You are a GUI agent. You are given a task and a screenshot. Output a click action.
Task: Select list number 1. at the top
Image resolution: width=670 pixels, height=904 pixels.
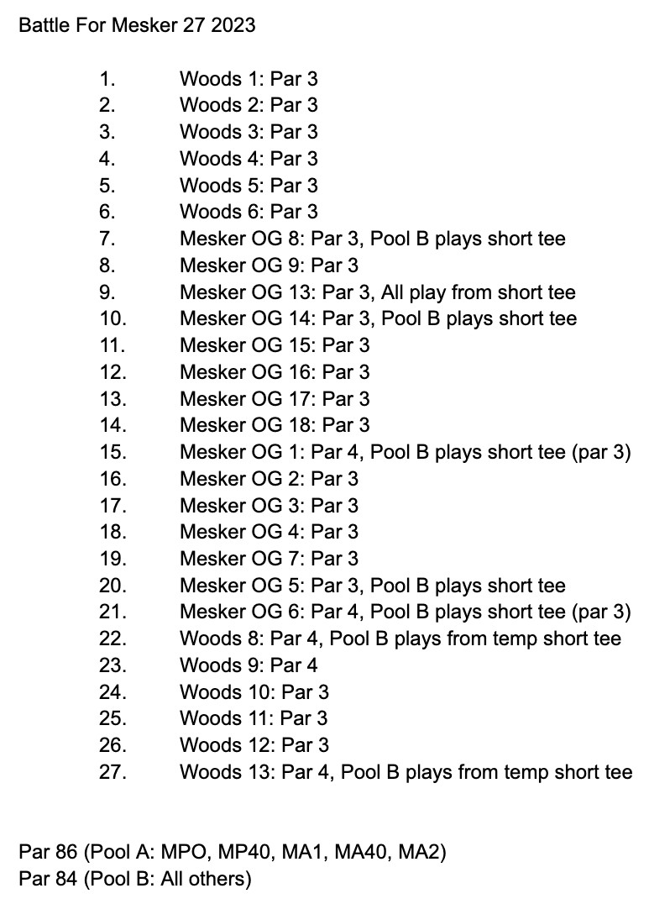tap(107, 79)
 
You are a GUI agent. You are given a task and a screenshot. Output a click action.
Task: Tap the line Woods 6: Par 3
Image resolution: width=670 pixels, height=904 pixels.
tap(249, 213)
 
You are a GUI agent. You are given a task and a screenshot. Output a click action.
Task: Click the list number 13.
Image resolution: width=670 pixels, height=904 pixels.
tap(113, 399)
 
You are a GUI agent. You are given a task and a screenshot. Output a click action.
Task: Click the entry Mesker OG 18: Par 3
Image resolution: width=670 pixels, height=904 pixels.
tap(275, 425)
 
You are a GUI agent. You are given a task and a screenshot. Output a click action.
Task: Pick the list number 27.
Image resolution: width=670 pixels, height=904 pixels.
tap(113, 772)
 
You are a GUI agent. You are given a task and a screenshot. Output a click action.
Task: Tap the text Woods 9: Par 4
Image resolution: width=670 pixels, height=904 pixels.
tap(249, 665)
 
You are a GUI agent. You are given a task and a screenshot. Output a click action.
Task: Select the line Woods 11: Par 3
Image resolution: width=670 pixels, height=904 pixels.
tap(254, 718)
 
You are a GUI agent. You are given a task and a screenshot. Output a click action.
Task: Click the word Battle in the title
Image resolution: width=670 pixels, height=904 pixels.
tap(41, 25)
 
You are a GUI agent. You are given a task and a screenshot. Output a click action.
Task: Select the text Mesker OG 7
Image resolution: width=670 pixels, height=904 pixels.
tap(240, 559)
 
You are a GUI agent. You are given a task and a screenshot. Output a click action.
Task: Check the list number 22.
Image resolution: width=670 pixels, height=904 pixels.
tap(113, 639)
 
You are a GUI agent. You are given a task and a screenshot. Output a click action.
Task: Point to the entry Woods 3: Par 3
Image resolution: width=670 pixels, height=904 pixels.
tap(249, 132)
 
